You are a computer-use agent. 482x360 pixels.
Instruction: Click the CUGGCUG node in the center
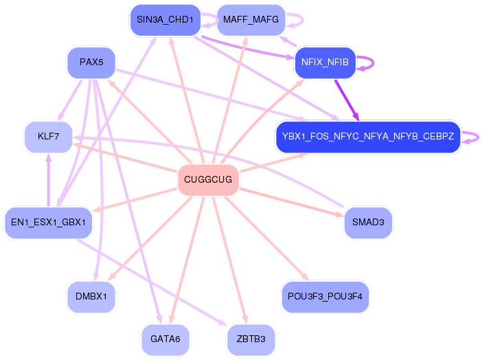click(208, 180)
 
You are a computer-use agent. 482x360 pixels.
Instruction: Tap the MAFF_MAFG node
click(251, 20)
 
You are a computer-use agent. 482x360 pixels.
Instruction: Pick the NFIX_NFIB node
click(325, 63)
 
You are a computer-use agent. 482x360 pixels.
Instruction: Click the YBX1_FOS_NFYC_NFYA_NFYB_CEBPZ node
click(368, 137)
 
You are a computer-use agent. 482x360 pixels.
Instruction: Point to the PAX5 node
click(91, 63)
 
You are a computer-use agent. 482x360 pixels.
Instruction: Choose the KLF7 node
click(48, 137)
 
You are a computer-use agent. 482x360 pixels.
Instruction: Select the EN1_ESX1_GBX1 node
click(48, 223)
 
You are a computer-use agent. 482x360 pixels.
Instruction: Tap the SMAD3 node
click(368, 223)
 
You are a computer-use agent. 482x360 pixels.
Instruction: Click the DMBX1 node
click(91, 297)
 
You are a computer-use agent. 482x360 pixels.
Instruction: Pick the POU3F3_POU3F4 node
click(325, 297)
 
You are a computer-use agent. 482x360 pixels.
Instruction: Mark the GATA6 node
click(165, 339)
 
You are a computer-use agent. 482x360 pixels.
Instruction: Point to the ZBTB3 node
click(251, 339)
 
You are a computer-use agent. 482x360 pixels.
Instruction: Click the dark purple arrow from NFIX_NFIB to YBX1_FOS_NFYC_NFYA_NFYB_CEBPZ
click(347, 100)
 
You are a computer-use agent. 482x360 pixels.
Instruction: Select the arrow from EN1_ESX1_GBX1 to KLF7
click(48, 180)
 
